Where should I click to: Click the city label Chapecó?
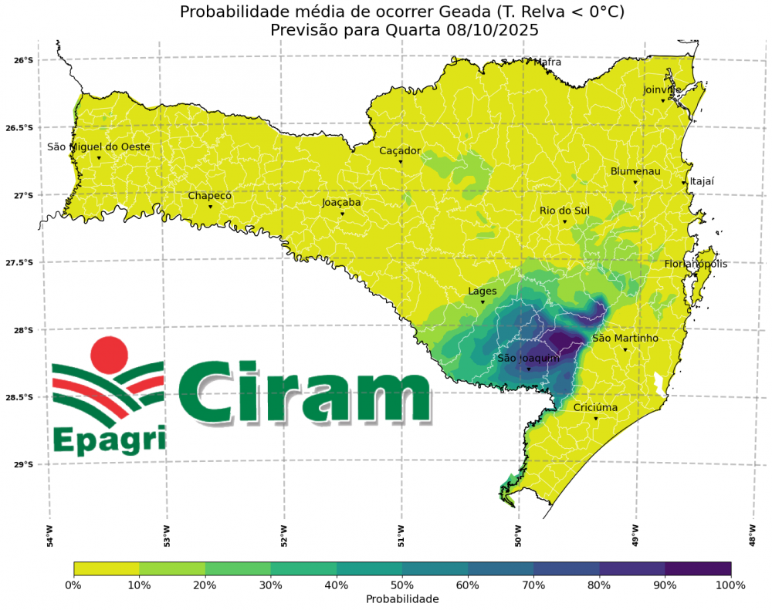210,196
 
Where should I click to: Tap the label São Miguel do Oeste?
99,147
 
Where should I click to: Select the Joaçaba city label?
341,203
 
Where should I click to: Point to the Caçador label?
400,151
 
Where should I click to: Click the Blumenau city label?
635,171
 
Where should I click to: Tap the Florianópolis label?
696,265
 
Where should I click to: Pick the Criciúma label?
595,408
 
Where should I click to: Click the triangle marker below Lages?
483,302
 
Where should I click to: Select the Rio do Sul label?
564,211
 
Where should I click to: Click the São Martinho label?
625,339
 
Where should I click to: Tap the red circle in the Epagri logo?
108,354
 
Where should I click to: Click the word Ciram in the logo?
304,394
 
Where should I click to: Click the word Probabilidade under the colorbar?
402,599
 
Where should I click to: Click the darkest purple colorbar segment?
698,568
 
